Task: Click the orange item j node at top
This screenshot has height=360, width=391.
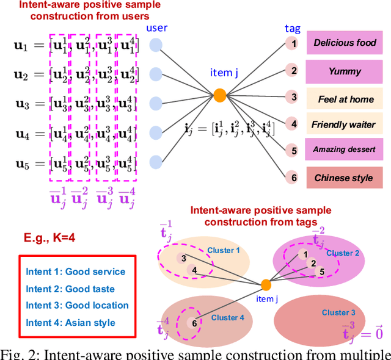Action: point(221,95)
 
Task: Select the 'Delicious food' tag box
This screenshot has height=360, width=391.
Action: point(345,43)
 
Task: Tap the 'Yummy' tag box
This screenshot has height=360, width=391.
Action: point(345,70)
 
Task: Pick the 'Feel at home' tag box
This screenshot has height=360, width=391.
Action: point(345,98)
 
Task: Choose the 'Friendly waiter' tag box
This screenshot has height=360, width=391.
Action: point(345,124)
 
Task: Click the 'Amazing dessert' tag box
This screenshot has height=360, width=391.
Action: point(345,149)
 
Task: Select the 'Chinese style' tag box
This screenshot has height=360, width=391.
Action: point(345,178)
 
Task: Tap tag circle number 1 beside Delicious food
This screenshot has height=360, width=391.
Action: point(293,44)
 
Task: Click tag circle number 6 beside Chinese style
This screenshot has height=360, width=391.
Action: point(293,178)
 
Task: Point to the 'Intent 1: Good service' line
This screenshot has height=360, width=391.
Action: point(75,272)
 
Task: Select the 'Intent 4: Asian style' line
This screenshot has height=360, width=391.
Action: point(70,322)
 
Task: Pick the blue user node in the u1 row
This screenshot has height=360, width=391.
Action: point(156,44)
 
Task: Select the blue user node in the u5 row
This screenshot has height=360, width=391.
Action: point(156,162)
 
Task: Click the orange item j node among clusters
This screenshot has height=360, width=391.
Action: point(266,284)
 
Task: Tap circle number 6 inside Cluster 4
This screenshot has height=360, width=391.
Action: point(194,323)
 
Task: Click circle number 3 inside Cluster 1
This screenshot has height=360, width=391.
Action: point(183,259)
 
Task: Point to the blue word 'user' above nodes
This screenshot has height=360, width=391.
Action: point(156,27)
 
